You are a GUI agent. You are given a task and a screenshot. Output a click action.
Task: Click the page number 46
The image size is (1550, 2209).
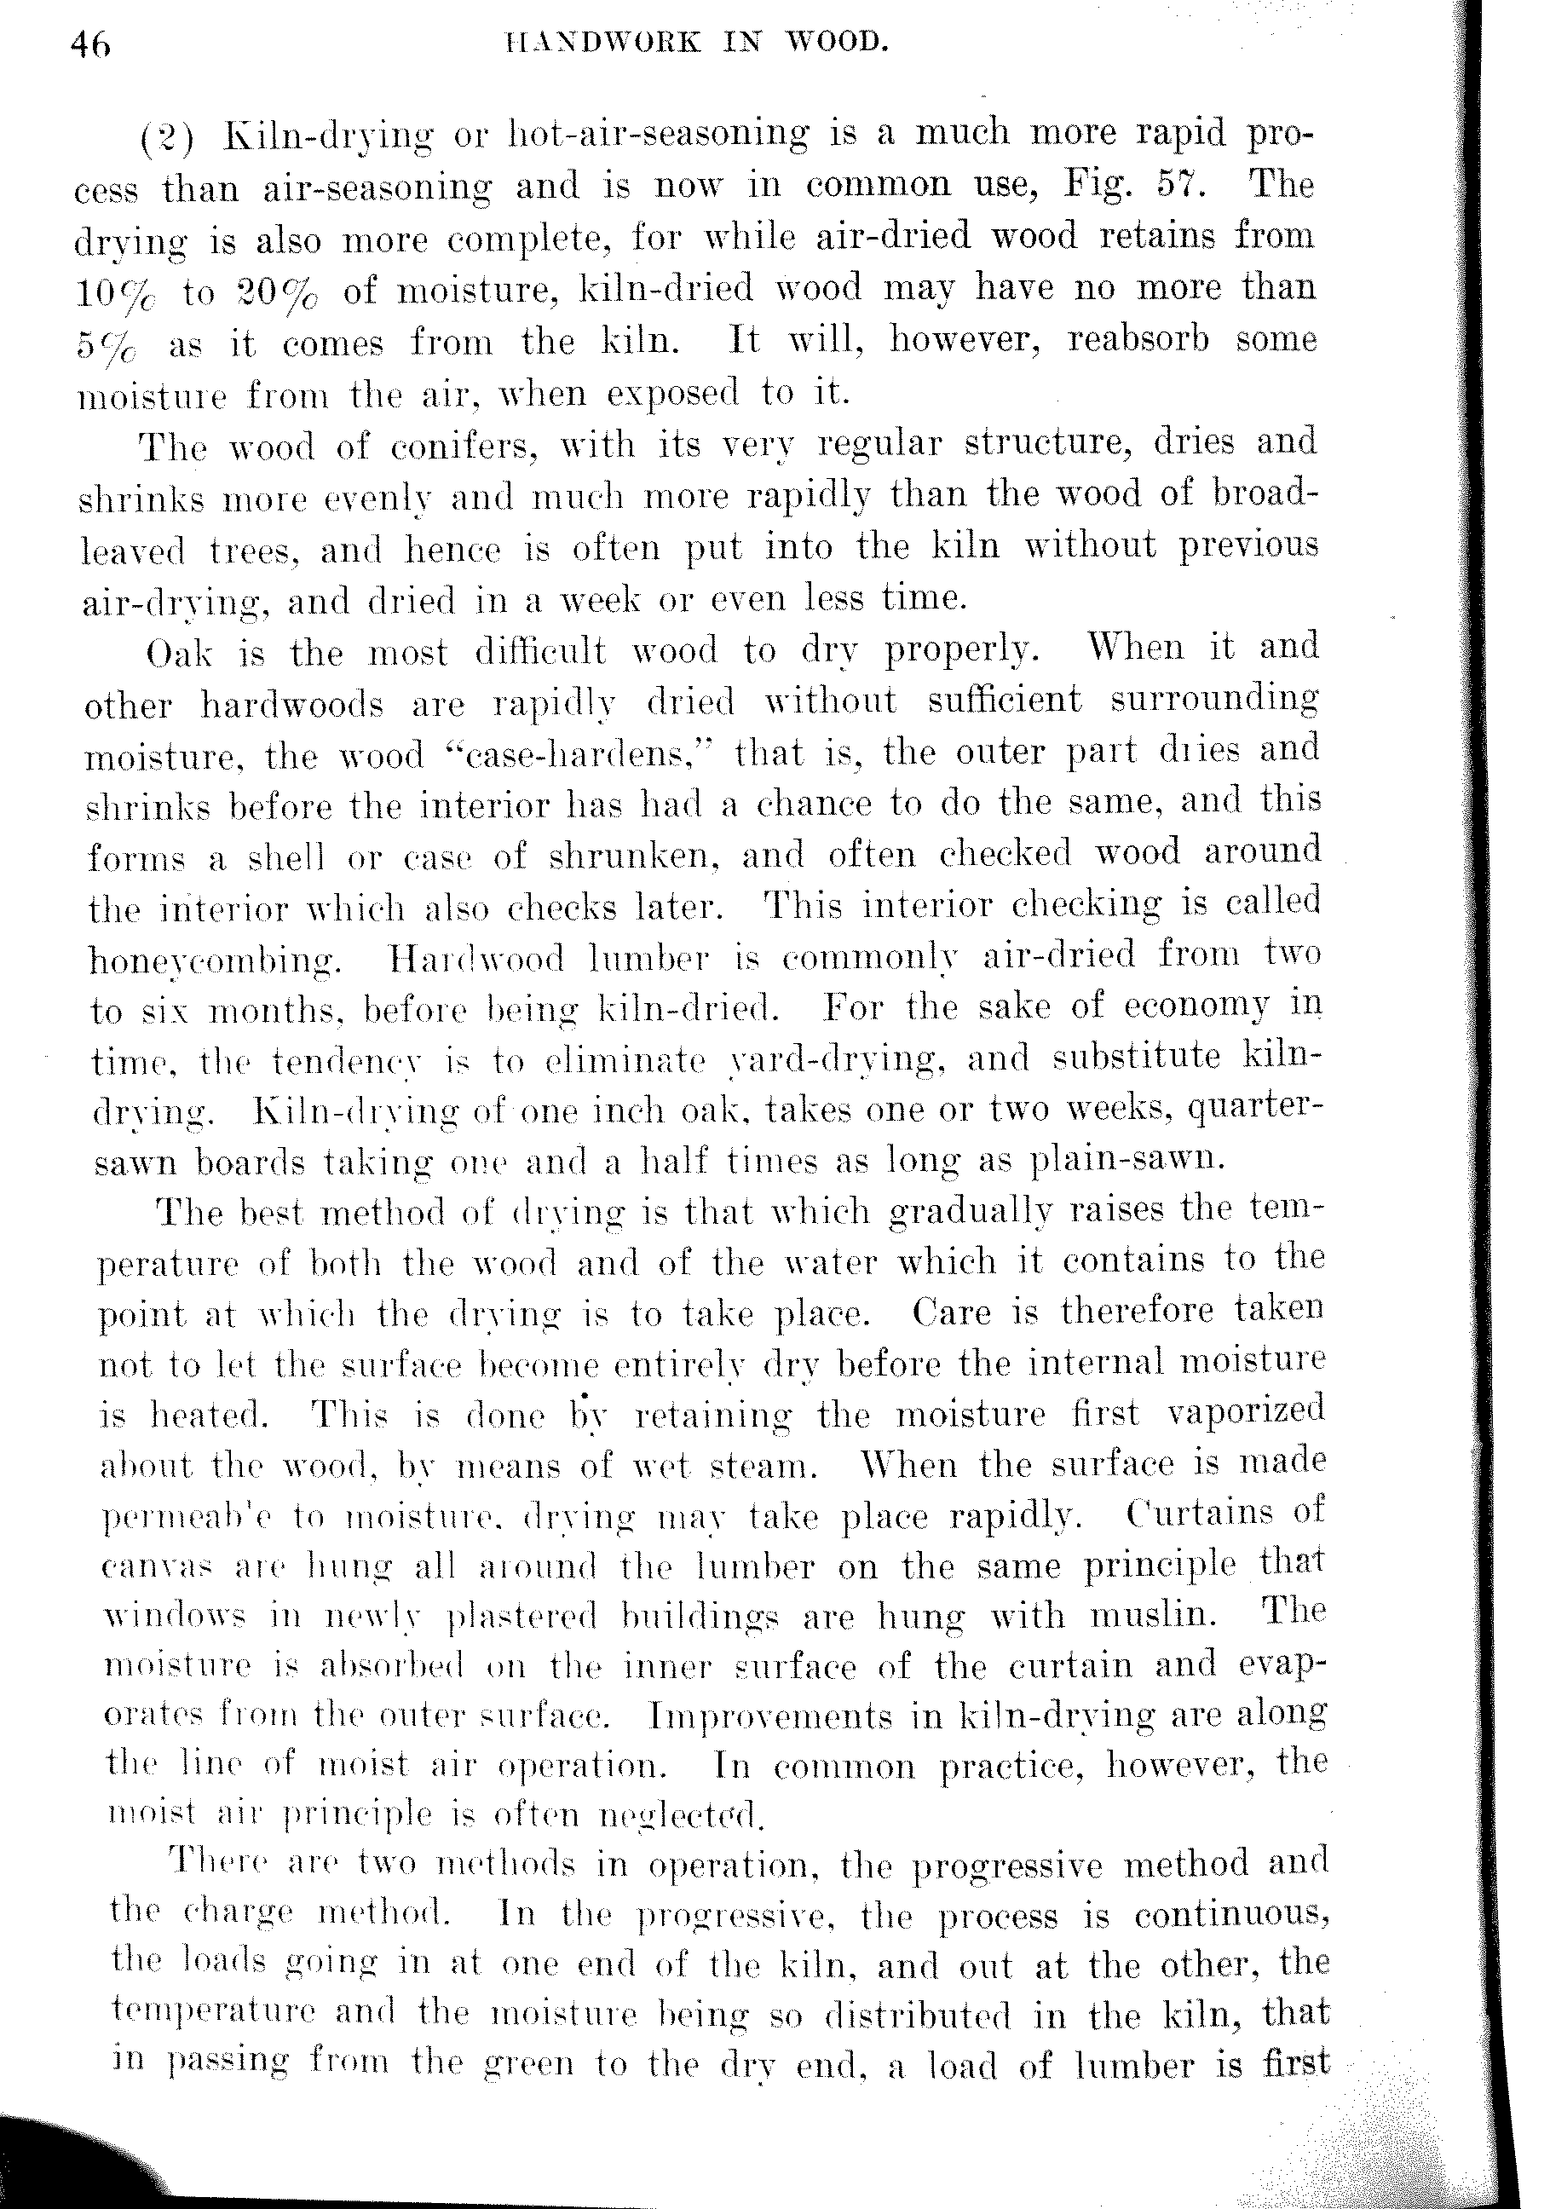(90, 45)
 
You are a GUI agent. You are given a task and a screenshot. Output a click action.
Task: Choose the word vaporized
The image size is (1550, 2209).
(1245, 1411)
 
